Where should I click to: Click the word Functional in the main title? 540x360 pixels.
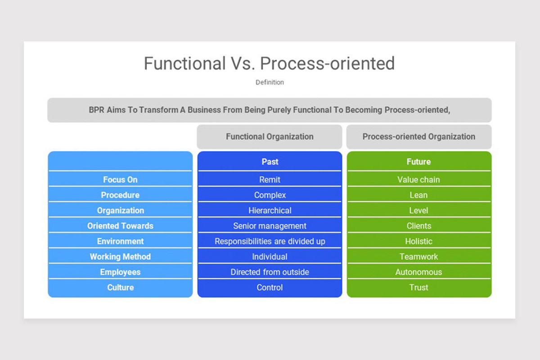point(184,63)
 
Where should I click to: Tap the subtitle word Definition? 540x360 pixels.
point(270,82)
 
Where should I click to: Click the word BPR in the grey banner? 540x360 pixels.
point(96,110)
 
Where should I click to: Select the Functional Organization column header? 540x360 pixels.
point(270,137)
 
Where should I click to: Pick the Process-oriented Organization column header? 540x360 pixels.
point(418,137)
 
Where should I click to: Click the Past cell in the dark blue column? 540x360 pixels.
point(270,162)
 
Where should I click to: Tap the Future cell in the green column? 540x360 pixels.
point(418,162)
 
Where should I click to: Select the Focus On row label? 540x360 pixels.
point(120,180)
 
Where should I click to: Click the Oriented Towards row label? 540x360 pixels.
point(120,226)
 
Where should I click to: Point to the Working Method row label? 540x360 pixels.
point(120,256)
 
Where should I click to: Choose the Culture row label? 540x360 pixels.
point(120,288)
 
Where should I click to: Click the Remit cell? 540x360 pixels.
point(270,180)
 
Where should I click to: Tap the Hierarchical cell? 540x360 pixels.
point(270,211)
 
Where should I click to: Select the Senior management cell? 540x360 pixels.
point(270,226)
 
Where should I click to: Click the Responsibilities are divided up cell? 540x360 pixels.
point(270,241)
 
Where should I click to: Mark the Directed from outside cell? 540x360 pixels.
point(270,272)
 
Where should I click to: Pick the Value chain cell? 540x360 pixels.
point(418,180)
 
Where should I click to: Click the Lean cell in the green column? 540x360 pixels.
point(418,195)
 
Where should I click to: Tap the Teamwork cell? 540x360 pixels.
point(418,256)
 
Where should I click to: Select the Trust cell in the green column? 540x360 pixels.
point(418,288)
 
